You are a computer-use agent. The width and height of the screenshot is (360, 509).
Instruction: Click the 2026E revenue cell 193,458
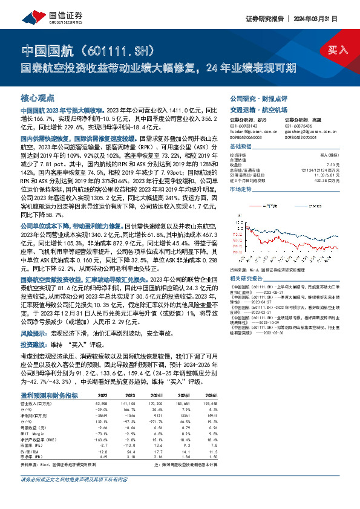coord(208,401)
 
